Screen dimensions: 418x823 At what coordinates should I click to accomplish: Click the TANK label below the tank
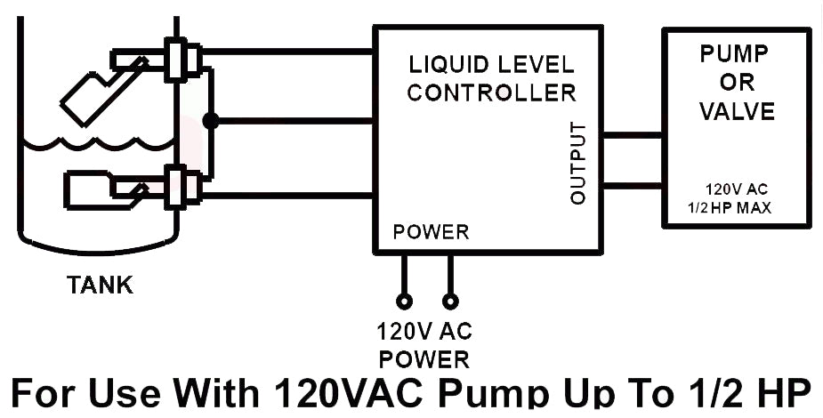pos(100,285)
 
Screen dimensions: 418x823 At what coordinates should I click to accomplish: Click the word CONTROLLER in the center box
pos(491,92)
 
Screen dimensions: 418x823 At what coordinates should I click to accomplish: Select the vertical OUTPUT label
pos(578,164)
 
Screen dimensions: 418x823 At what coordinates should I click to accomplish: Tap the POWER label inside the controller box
pos(431,233)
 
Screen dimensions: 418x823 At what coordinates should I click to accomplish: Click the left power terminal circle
pos(404,301)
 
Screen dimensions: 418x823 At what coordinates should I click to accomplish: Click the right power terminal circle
pos(451,301)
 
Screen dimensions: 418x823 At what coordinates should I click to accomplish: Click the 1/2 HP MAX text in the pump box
pos(729,207)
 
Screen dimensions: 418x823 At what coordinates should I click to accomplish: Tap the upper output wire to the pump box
pos(633,135)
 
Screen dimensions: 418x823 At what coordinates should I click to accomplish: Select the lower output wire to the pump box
pos(633,185)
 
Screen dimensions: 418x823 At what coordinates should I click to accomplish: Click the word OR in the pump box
pos(737,83)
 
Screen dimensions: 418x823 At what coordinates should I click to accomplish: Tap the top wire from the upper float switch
pos(285,51)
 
